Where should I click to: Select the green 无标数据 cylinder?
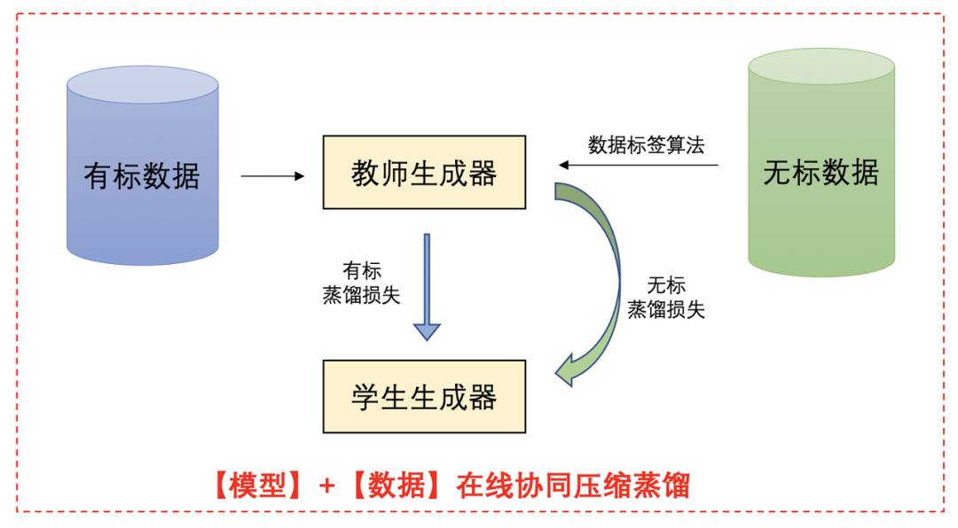click(821, 221)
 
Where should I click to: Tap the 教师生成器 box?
click(424, 173)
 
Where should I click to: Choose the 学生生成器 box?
click(424, 396)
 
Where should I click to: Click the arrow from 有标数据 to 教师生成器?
click(272, 176)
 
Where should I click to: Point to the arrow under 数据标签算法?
click(638, 165)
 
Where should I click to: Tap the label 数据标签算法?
click(646, 145)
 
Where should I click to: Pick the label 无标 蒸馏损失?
click(666, 298)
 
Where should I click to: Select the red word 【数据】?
click(397, 485)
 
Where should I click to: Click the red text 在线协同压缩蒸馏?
click(573, 485)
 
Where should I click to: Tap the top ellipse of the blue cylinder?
click(142, 85)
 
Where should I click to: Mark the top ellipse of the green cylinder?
click(821, 66)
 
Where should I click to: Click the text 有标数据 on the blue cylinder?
click(142, 176)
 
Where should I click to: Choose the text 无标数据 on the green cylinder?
click(821, 172)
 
